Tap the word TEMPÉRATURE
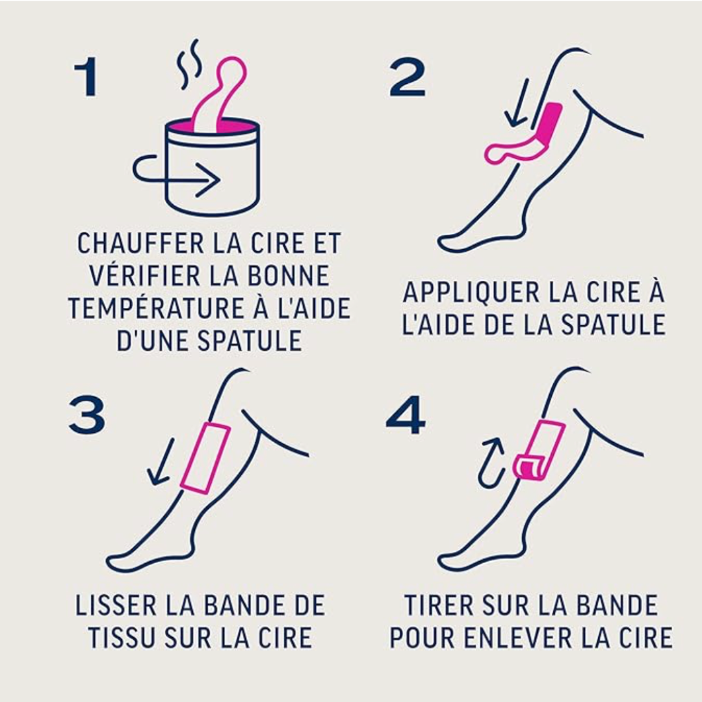(147, 308)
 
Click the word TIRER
(438, 606)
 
